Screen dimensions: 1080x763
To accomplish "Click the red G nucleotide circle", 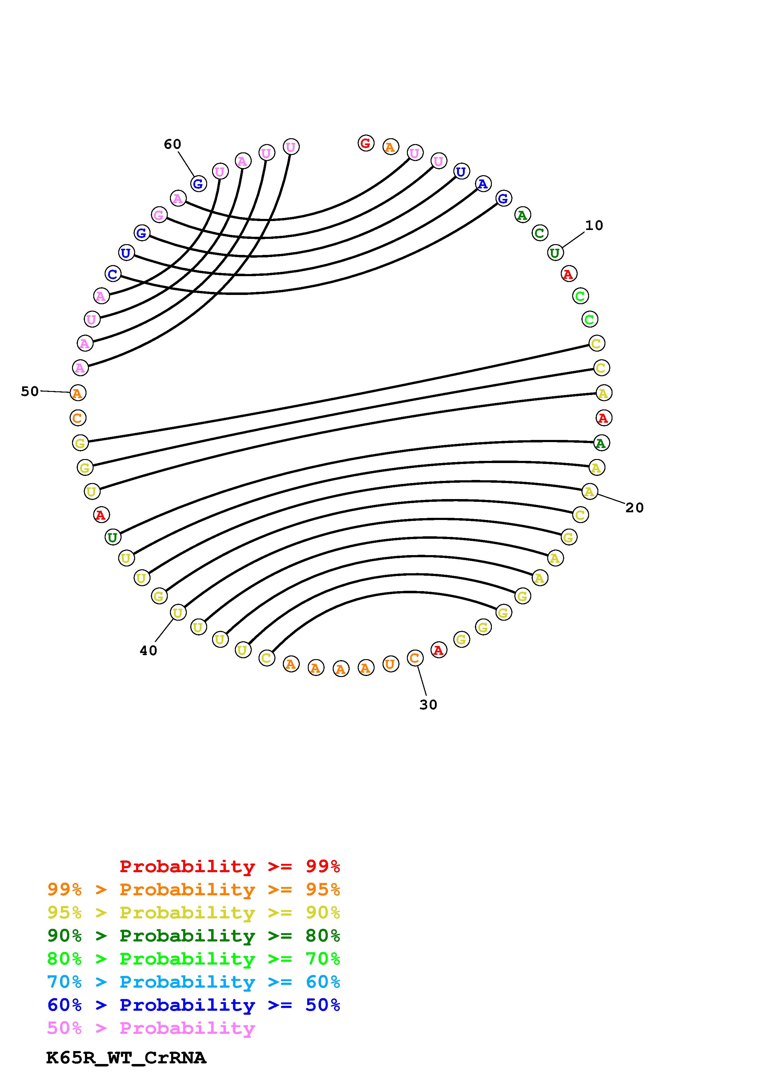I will coord(366,143).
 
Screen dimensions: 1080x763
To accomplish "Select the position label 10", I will coord(594,226).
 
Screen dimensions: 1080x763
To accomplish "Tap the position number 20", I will coord(634,508).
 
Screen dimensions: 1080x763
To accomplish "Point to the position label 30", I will coord(428,705).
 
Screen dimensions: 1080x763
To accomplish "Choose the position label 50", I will coord(30,391).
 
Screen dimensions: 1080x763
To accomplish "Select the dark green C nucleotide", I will coord(539,233).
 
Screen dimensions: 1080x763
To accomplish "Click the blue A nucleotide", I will coord(483,184).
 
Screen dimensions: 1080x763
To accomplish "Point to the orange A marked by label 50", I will coord(78,393).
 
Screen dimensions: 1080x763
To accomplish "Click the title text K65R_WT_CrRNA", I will coord(126,1058).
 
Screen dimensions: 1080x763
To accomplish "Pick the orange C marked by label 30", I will coord(415,658).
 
